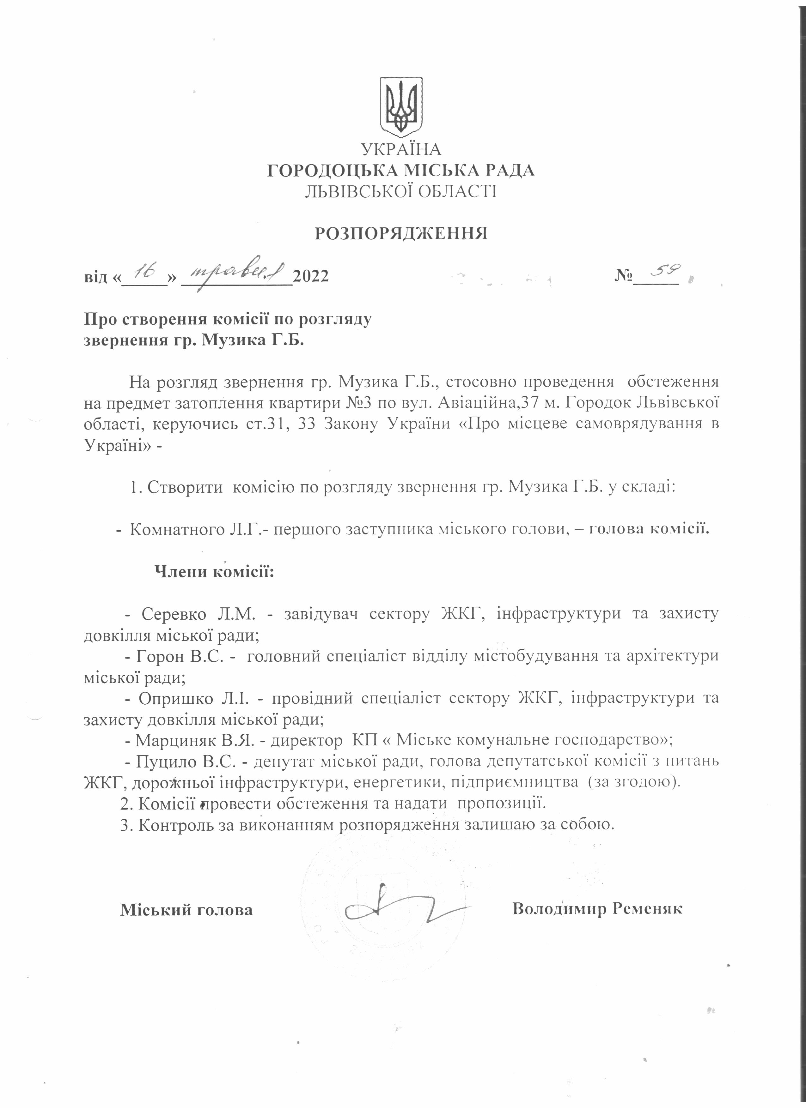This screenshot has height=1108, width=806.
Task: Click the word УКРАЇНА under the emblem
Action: [x=401, y=149]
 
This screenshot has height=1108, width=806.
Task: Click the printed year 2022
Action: [x=311, y=276]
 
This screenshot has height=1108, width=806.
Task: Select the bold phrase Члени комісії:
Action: [x=214, y=571]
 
